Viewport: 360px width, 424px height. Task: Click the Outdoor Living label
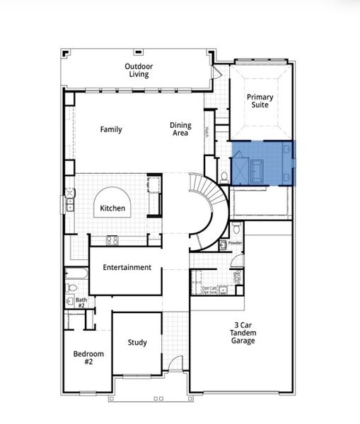pyautogui.click(x=139, y=71)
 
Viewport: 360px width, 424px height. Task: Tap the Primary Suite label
pyautogui.click(x=260, y=100)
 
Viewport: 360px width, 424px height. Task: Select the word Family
pyautogui.click(x=111, y=129)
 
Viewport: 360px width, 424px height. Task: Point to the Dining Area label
pyautogui.click(x=180, y=129)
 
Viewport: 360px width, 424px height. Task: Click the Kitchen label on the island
pyautogui.click(x=112, y=208)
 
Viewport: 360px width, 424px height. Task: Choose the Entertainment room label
pyautogui.click(x=127, y=268)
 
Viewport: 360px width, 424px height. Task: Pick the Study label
pyautogui.click(x=137, y=343)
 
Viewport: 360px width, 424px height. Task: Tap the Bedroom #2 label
pyautogui.click(x=88, y=358)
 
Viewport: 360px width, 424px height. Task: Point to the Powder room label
pyautogui.click(x=235, y=243)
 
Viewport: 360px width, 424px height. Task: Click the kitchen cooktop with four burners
pyautogui.click(x=112, y=240)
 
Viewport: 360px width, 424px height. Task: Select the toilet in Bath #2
pyautogui.click(x=71, y=288)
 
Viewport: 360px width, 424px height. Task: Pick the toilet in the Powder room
pyautogui.click(x=223, y=245)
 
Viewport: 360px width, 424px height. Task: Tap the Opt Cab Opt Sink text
pyautogui.click(x=210, y=290)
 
